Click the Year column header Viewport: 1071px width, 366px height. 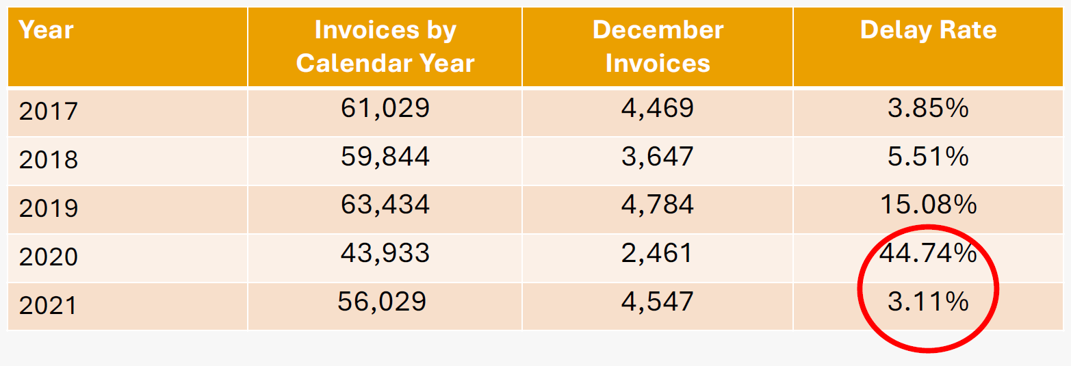(x=47, y=30)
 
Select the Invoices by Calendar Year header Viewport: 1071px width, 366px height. (x=385, y=47)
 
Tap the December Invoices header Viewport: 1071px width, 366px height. (x=658, y=47)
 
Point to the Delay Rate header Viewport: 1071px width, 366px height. (x=928, y=30)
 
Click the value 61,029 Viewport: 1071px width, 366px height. (x=385, y=108)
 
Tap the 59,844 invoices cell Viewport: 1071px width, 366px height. (x=385, y=157)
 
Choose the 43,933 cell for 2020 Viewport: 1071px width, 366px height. (x=385, y=254)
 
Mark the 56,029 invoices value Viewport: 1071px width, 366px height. (x=382, y=302)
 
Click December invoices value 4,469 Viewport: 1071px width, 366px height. (x=658, y=108)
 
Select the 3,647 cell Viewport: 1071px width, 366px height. (x=658, y=157)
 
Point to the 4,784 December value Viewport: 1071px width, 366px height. (x=658, y=205)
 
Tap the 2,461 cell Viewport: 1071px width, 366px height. (x=658, y=254)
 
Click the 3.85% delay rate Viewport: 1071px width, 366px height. (x=928, y=108)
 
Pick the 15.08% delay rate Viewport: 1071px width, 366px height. (x=928, y=205)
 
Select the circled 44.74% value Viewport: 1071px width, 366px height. (x=928, y=254)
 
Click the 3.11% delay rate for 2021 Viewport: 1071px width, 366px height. (x=928, y=302)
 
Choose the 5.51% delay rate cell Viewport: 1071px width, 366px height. (x=928, y=157)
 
